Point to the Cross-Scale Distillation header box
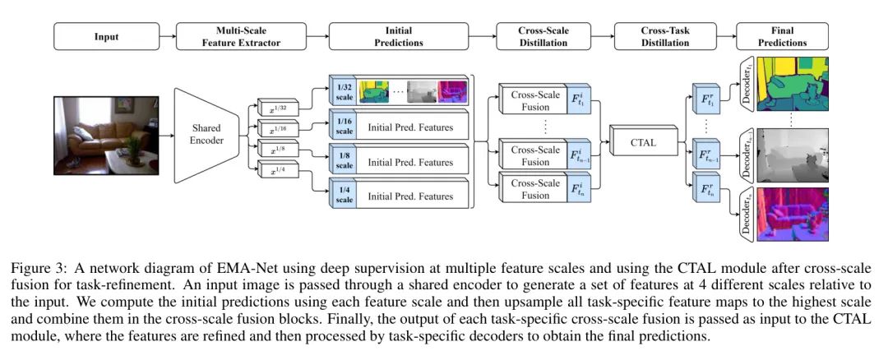coord(543,37)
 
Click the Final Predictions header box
coord(783,37)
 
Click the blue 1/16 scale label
coord(342,125)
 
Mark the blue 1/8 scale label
coord(342,160)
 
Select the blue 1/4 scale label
coord(342,196)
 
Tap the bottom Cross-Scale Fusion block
coord(535,190)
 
